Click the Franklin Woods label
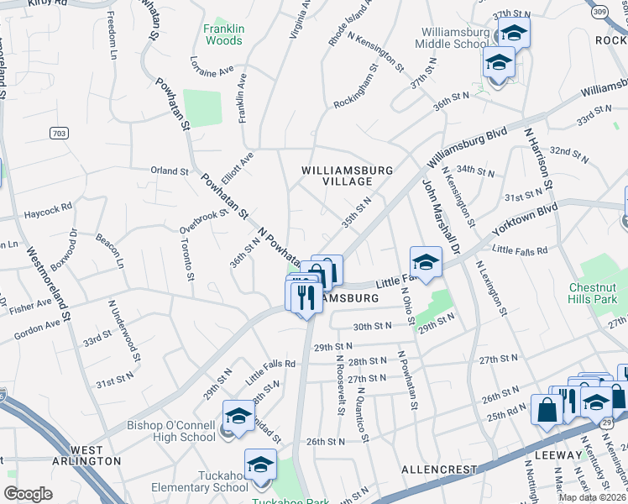(x=223, y=34)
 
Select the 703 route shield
(x=58, y=133)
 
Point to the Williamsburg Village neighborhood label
(x=348, y=176)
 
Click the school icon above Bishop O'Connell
(x=238, y=416)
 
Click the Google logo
(x=28, y=494)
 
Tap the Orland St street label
(x=169, y=171)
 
